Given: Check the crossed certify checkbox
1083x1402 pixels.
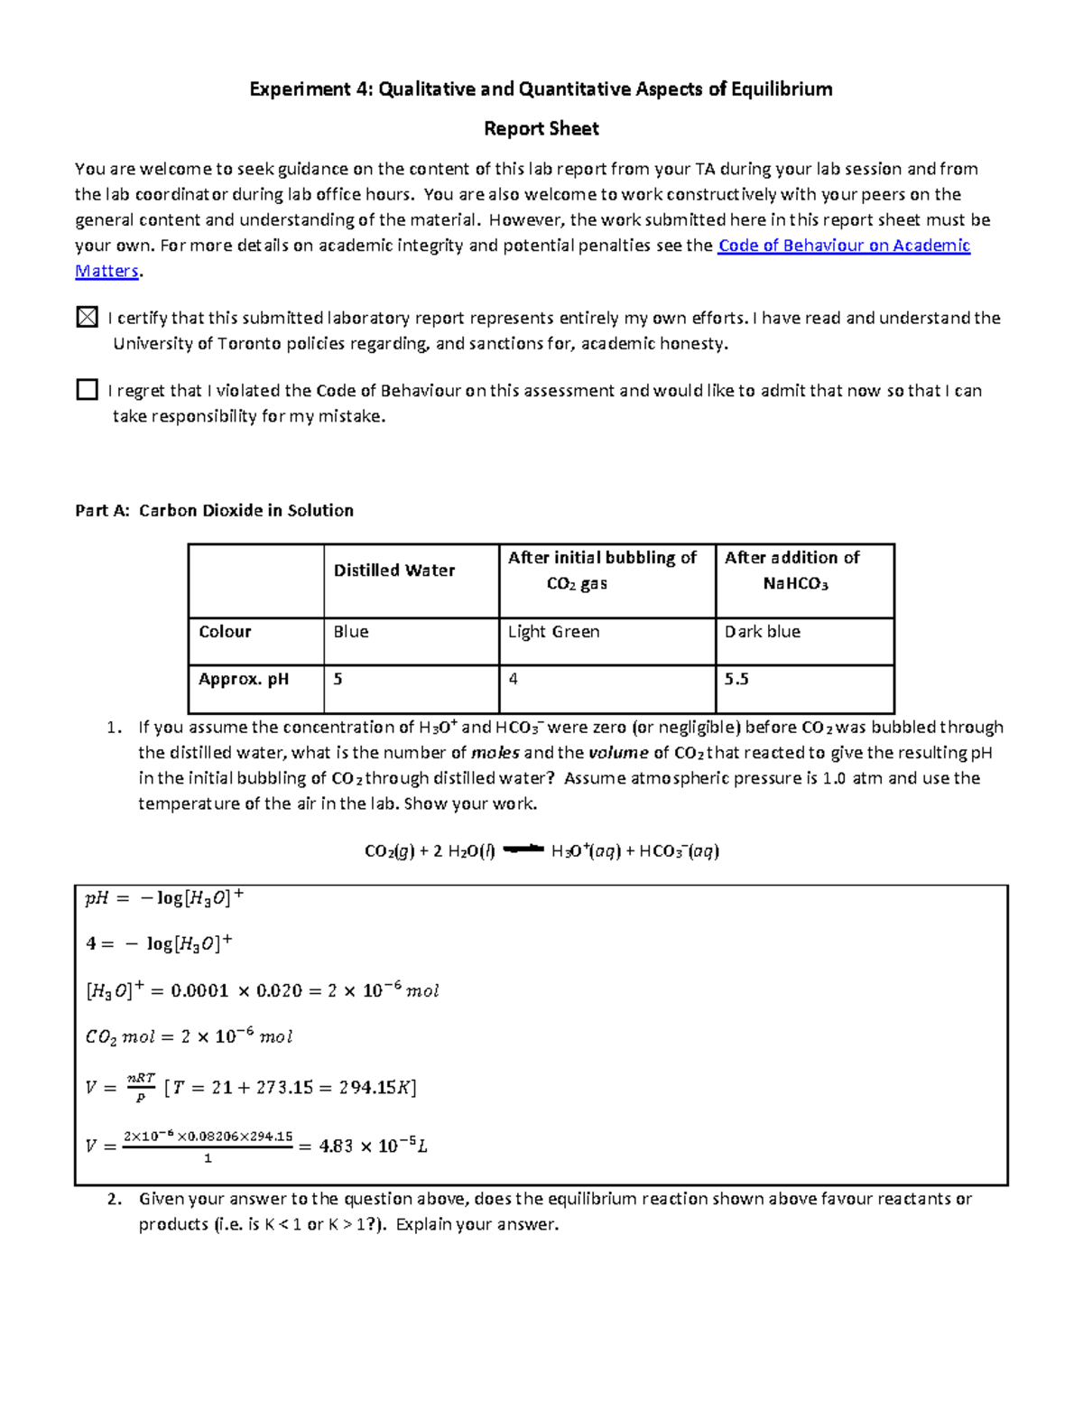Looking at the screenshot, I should point(87,317).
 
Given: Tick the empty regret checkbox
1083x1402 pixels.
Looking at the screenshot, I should point(87,389).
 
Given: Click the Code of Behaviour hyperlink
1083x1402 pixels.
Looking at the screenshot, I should point(843,246).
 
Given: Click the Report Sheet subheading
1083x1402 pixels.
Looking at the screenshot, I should point(541,129).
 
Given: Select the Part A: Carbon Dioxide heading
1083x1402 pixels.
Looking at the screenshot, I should point(214,510).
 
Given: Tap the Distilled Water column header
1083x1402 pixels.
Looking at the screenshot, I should point(394,571).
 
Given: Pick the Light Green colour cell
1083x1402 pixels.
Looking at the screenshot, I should point(553,632).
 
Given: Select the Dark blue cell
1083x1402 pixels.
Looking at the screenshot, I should point(762,632).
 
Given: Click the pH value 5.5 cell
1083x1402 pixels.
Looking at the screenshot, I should point(736,679).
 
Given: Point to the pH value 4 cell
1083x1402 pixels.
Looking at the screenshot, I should point(513,679).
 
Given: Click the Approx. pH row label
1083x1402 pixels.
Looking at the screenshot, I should point(244,679).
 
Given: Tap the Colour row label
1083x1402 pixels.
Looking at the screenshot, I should point(225,632).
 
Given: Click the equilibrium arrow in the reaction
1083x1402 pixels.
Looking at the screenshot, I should point(523,849).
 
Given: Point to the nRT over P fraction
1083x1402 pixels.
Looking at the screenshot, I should point(141,1087).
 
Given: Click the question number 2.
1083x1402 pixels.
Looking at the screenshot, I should point(114,1199).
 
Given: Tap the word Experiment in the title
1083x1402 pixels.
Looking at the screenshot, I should point(299,88).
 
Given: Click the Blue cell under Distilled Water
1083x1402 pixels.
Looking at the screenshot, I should point(351,632).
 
